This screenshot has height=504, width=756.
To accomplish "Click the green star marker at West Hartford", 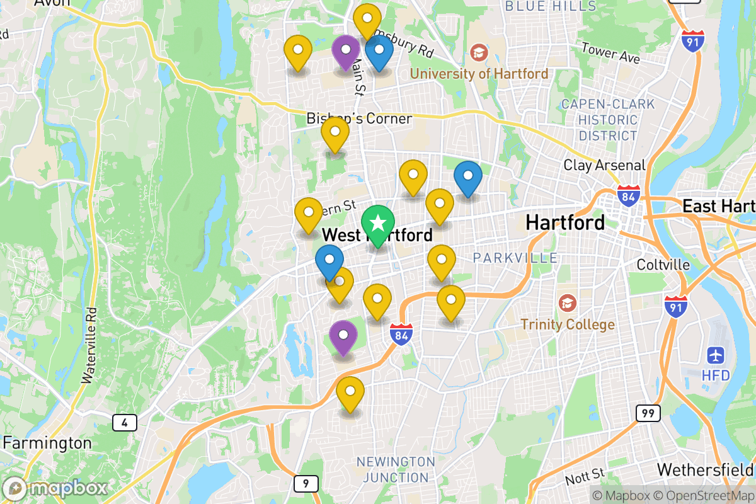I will (377, 223).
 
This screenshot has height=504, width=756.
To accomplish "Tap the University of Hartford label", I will (479, 74).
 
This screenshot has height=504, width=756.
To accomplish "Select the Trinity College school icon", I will (567, 303).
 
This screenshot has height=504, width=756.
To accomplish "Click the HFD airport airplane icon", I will (716, 355).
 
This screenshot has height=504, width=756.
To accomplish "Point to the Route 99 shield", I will (648, 413).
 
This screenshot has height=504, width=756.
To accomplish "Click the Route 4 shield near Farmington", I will (125, 422).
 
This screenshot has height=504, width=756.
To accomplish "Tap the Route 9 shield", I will (306, 484).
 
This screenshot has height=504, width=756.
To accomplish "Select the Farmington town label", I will (47, 443).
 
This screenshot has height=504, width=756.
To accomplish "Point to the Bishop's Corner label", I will (359, 118).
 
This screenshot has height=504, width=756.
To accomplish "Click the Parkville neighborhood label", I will (515, 258).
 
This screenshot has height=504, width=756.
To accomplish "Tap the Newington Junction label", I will (396, 470).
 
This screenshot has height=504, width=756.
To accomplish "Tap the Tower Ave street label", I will (610, 54).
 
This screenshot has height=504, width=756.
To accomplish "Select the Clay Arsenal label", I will (604, 166).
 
